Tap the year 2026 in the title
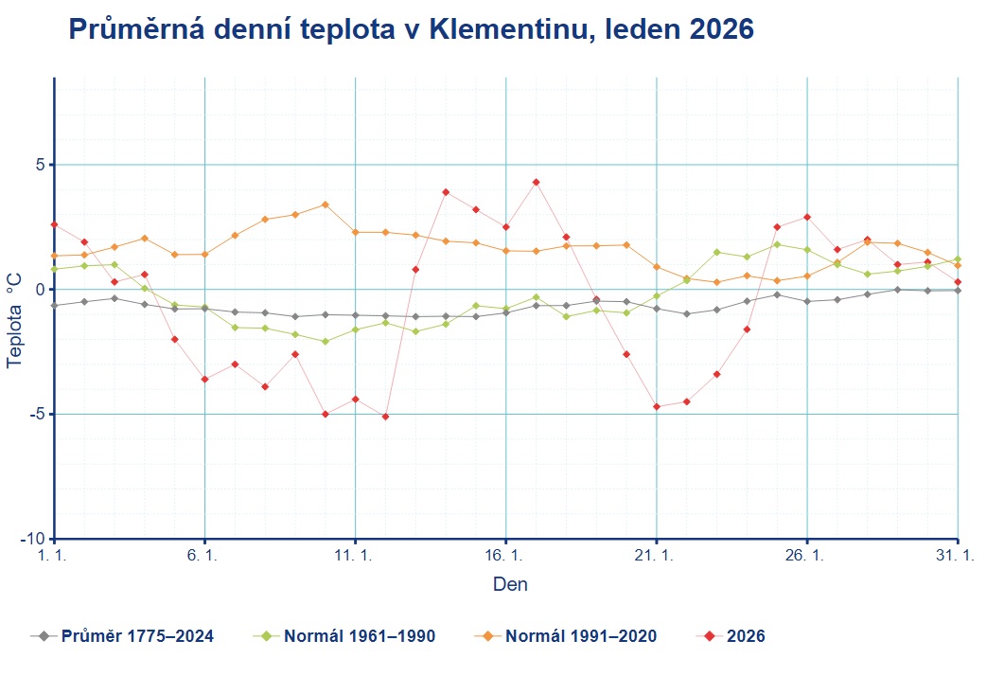pos(716,29)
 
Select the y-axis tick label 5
pos(41,165)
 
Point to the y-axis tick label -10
pos(33,539)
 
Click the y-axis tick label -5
pos(37,414)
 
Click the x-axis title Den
pos(510,584)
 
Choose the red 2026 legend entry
pos(745,635)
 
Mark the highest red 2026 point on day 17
pos(536,182)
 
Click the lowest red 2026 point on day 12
pos(385,417)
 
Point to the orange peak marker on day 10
pos(325,205)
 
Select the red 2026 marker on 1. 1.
pos(55,224)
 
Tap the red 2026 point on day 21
pos(656,406)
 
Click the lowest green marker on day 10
pos(325,341)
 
